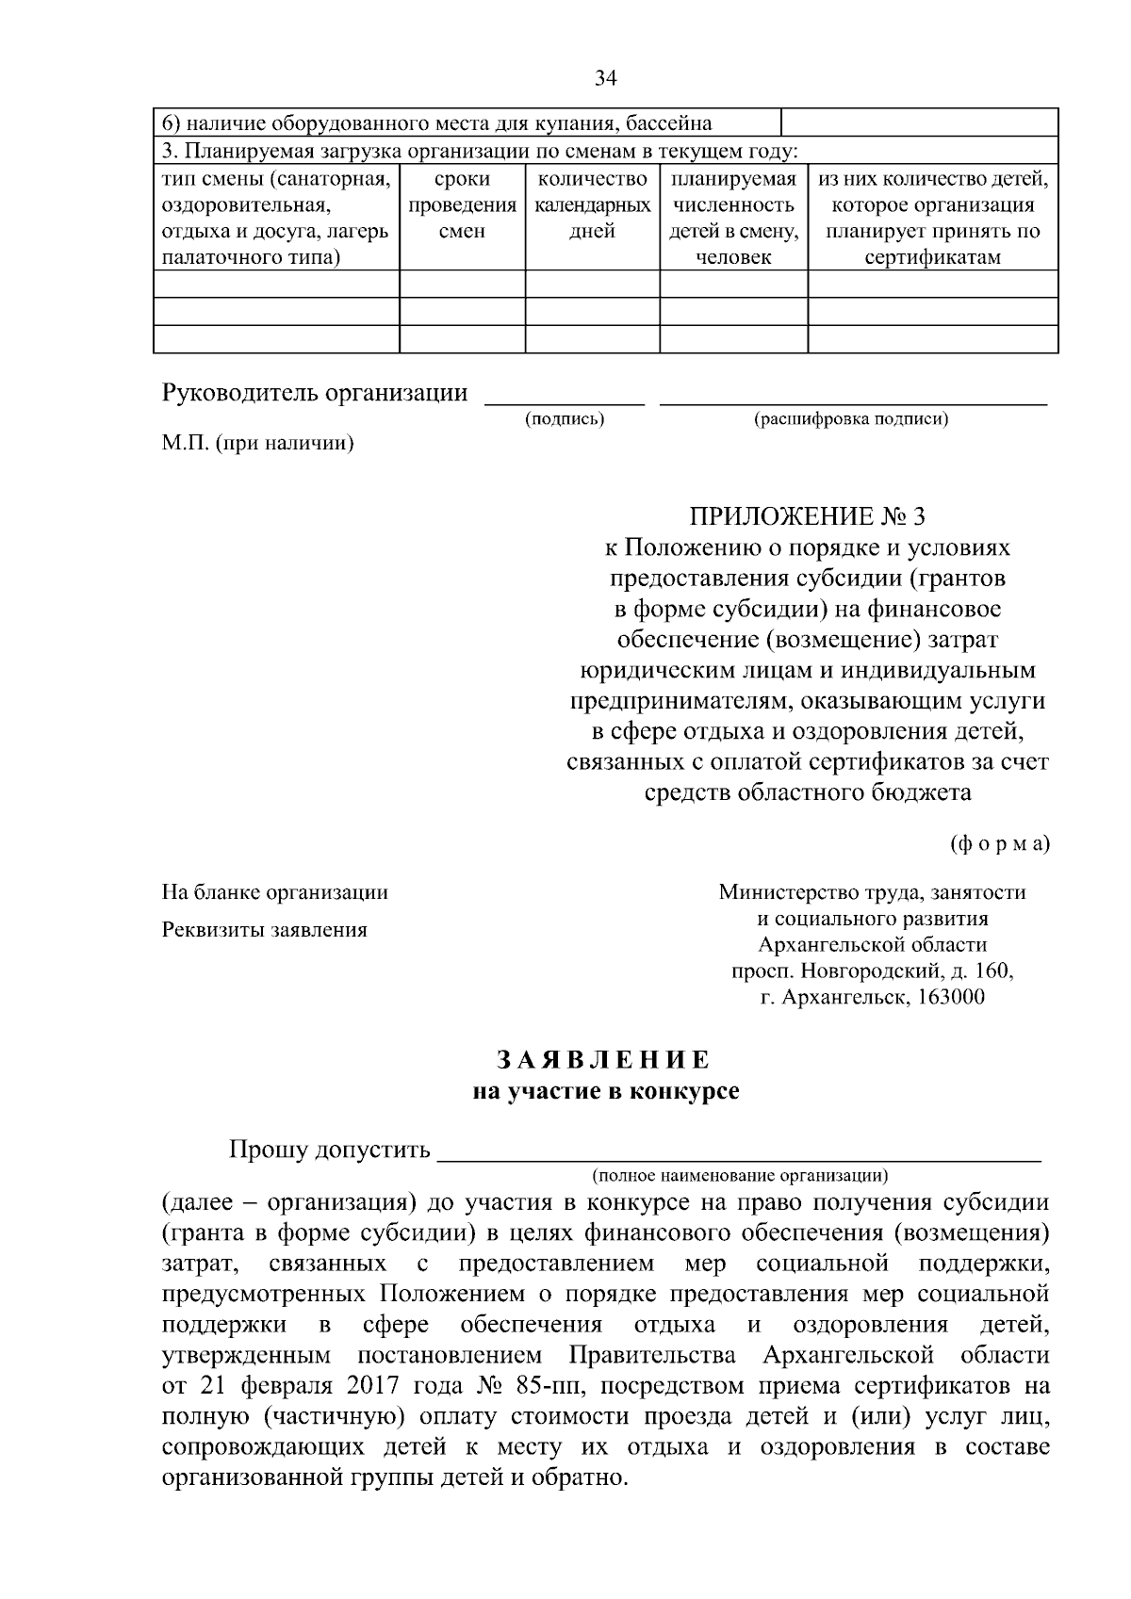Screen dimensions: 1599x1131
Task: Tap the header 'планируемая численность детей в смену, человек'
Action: coord(733,218)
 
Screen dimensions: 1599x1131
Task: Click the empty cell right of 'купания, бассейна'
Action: coord(919,123)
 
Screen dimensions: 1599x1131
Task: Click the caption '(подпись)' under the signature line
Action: coord(564,419)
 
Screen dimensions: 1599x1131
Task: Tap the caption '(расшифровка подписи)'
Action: coord(850,419)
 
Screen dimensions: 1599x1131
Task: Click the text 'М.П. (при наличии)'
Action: coord(257,443)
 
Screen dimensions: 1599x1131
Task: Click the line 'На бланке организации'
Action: coord(275,891)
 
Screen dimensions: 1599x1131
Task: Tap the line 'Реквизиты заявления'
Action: coord(265,930)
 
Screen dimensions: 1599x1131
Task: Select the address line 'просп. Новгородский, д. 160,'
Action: coord(872,971)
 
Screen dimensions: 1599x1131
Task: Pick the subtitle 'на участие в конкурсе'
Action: coord(605,1092)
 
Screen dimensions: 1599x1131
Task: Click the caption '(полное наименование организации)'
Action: coord(740,1175)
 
